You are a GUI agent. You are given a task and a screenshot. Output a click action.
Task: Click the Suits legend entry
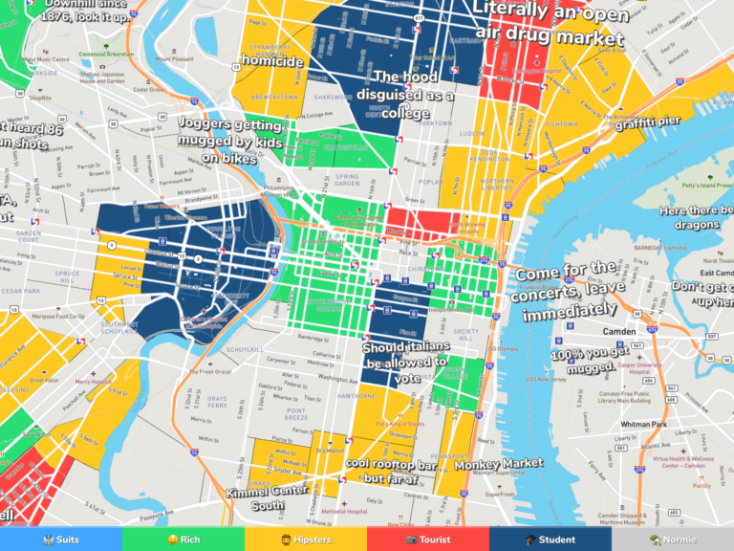[61, 540]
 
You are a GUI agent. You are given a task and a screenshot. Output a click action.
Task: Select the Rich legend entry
[183, 540]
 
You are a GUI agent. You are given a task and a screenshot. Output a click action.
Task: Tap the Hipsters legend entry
[306, 540]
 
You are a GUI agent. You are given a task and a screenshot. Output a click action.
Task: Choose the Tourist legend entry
[428, 540]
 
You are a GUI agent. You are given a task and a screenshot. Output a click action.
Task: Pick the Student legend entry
[550, 540]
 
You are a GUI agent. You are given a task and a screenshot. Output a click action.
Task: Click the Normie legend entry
[673, 540]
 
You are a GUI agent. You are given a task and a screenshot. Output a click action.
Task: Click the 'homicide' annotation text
[272, 61]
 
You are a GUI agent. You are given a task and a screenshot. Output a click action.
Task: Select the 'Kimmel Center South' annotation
[268, 498]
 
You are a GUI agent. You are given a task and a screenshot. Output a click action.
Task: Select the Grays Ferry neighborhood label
[217, 403]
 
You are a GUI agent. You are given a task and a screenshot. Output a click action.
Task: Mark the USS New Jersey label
[546, 379]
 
